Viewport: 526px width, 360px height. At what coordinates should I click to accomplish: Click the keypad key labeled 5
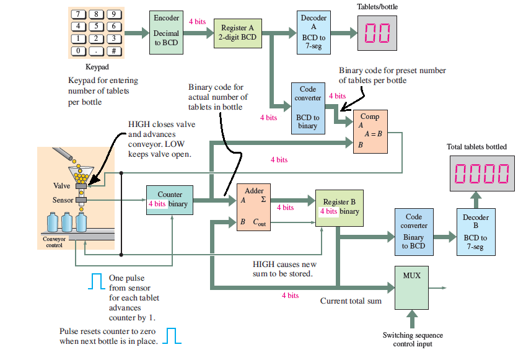[97, 26]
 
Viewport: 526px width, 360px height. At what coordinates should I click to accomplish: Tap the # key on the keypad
[114, 51]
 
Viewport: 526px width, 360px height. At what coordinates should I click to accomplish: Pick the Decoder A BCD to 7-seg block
[313, 32]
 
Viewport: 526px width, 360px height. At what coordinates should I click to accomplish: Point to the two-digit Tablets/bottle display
[377, 33]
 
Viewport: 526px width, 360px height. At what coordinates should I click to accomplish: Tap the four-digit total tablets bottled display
[481, 174]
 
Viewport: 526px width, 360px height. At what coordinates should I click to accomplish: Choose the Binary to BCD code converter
[413, 232]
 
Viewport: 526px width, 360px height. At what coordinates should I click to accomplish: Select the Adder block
[253, 207]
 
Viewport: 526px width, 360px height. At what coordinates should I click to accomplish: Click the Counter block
[169, 199]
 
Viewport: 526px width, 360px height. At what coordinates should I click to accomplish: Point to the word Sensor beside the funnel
[62, 200]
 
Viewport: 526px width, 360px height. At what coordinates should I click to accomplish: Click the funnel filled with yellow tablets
[81, 173]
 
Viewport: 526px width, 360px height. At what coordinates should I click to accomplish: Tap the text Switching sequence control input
[413, 339]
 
